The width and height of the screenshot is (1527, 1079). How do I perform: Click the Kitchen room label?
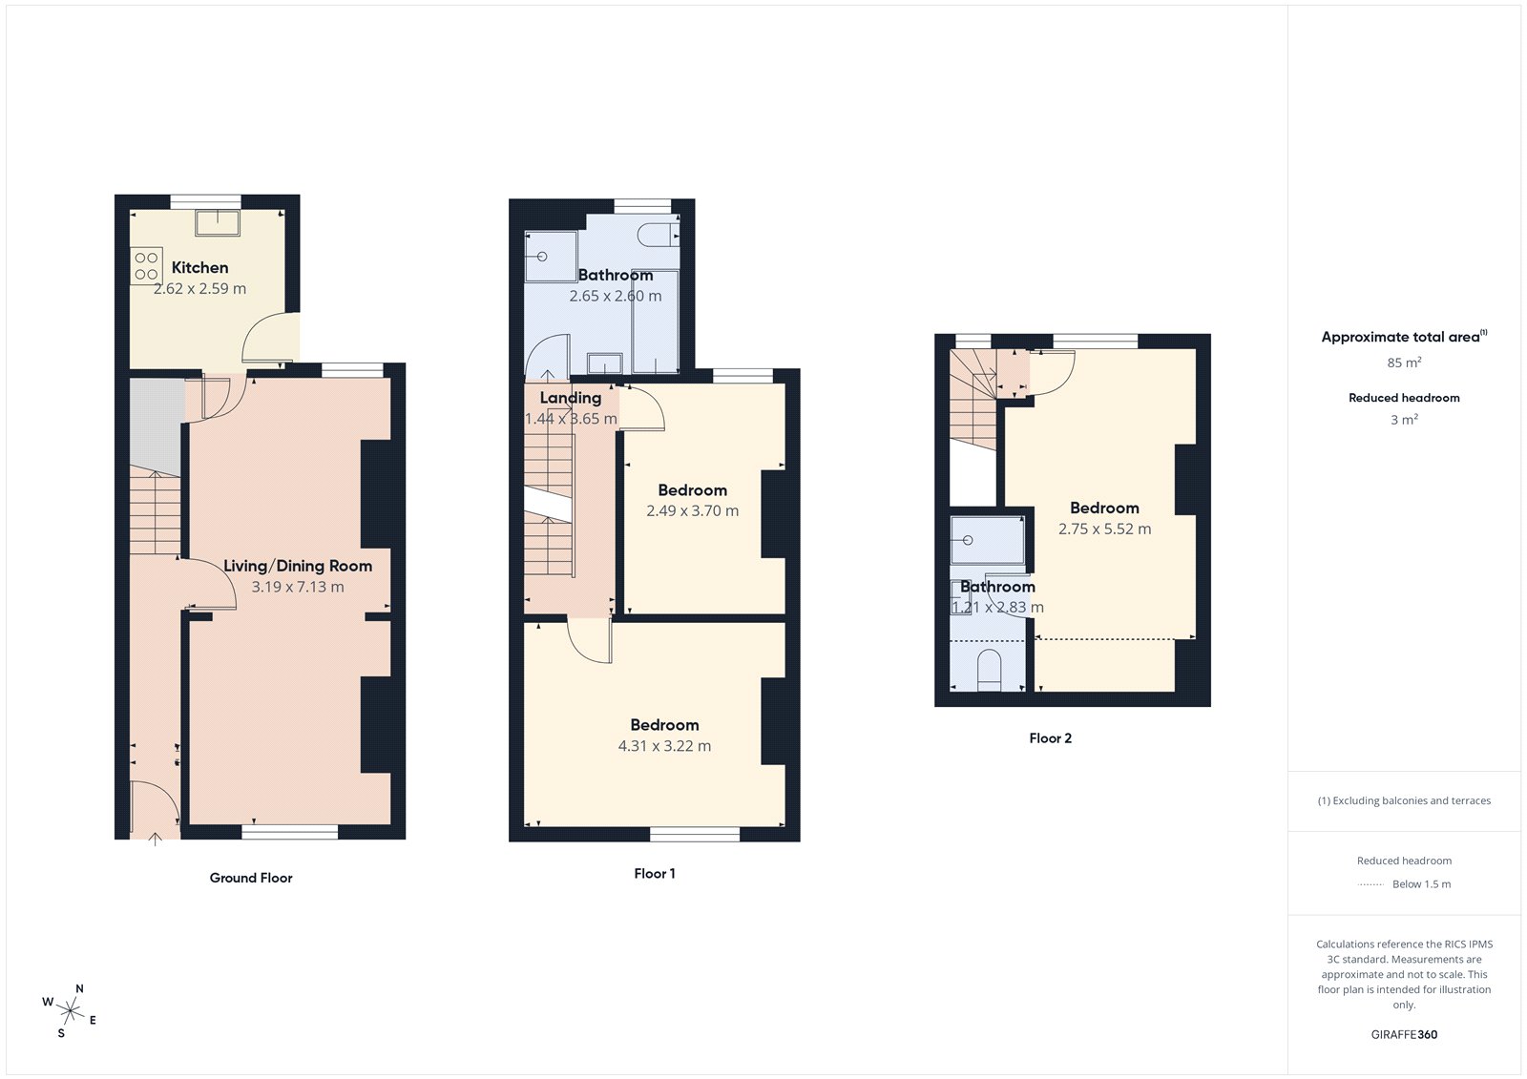pos(199,268)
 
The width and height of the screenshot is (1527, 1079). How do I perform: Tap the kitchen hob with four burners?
pos(146,266)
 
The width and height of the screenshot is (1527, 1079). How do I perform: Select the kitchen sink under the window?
pos(218,222)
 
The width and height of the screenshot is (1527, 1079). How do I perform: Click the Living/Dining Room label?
pos(298,566)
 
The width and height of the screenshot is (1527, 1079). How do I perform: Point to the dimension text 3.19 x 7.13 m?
pos(298,588)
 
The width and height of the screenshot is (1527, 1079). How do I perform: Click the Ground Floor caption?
pos(251,878)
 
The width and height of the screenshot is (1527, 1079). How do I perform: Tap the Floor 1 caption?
pos(655,874)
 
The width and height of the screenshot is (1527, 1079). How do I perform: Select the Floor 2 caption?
pos(1050,738)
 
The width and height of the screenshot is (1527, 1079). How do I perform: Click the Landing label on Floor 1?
pos(571,398)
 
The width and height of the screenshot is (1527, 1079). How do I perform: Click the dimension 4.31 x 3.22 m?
pos(664,746)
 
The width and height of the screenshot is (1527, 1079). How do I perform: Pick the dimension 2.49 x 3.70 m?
pos(692,511)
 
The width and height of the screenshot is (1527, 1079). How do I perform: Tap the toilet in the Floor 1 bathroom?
pos(659,234)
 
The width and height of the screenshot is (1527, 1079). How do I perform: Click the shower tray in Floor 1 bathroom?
pos(551,257)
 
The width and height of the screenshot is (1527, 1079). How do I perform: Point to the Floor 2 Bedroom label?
pos(1104,508)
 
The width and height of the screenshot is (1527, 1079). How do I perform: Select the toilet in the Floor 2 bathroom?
pos(989,669)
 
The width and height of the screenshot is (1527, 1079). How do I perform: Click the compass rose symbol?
pos(70,1009)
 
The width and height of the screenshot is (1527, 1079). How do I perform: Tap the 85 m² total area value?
pos(1404,363)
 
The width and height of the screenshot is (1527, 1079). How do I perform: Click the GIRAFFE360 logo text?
pos(1404,1034)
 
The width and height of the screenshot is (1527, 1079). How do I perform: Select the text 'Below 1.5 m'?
pos(1421,884)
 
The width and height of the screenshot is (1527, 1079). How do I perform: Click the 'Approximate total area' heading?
pos(1401,337)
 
